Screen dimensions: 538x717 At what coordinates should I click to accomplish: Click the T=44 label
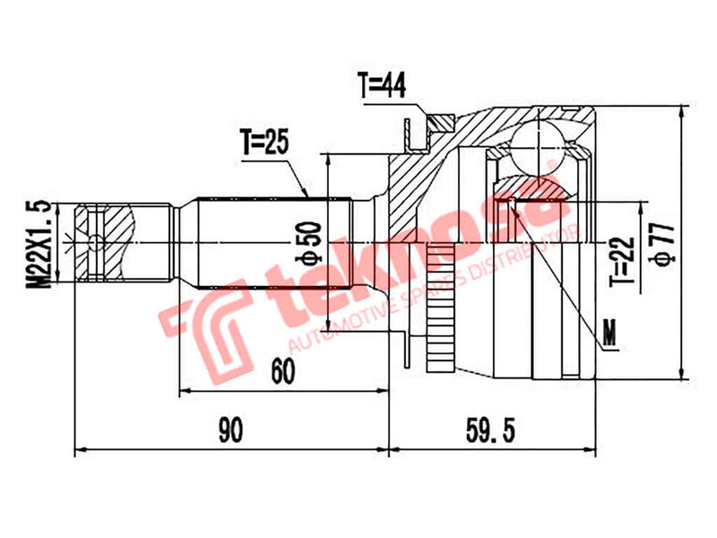[383, 86]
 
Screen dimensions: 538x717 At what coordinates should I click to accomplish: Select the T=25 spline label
[265, 141]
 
